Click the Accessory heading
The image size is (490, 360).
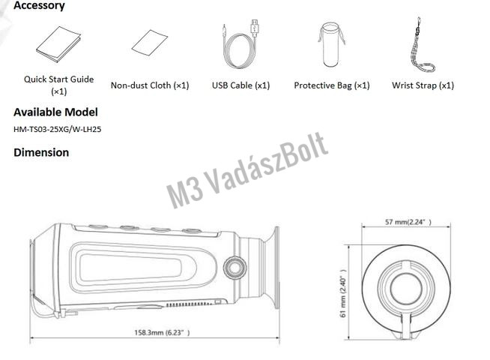(39, 5)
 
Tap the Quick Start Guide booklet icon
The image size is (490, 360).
(58, 44)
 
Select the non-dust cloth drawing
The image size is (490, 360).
(150, 43)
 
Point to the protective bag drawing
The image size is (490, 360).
(331, 44)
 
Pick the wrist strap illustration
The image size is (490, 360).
(422, 45)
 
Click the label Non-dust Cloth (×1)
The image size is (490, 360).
(150, 85)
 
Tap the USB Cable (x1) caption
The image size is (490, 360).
(241, 85)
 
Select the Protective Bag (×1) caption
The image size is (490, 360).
(332, 85)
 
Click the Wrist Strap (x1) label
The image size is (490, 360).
(423, 85)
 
